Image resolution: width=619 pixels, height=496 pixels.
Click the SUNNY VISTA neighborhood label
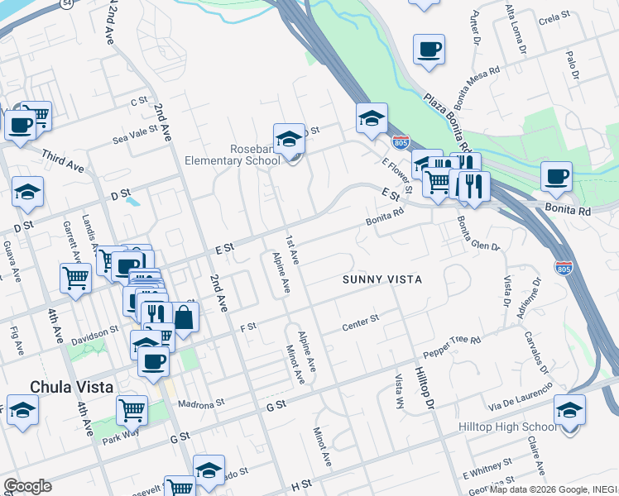(382, 280)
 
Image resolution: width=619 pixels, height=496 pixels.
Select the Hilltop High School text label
(507, 427)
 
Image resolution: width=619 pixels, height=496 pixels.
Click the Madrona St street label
(202, 404)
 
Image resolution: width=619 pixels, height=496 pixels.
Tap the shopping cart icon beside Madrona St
(132, 409)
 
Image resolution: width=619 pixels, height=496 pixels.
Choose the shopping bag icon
(184, 316)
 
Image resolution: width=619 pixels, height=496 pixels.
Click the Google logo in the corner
(26, 486)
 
